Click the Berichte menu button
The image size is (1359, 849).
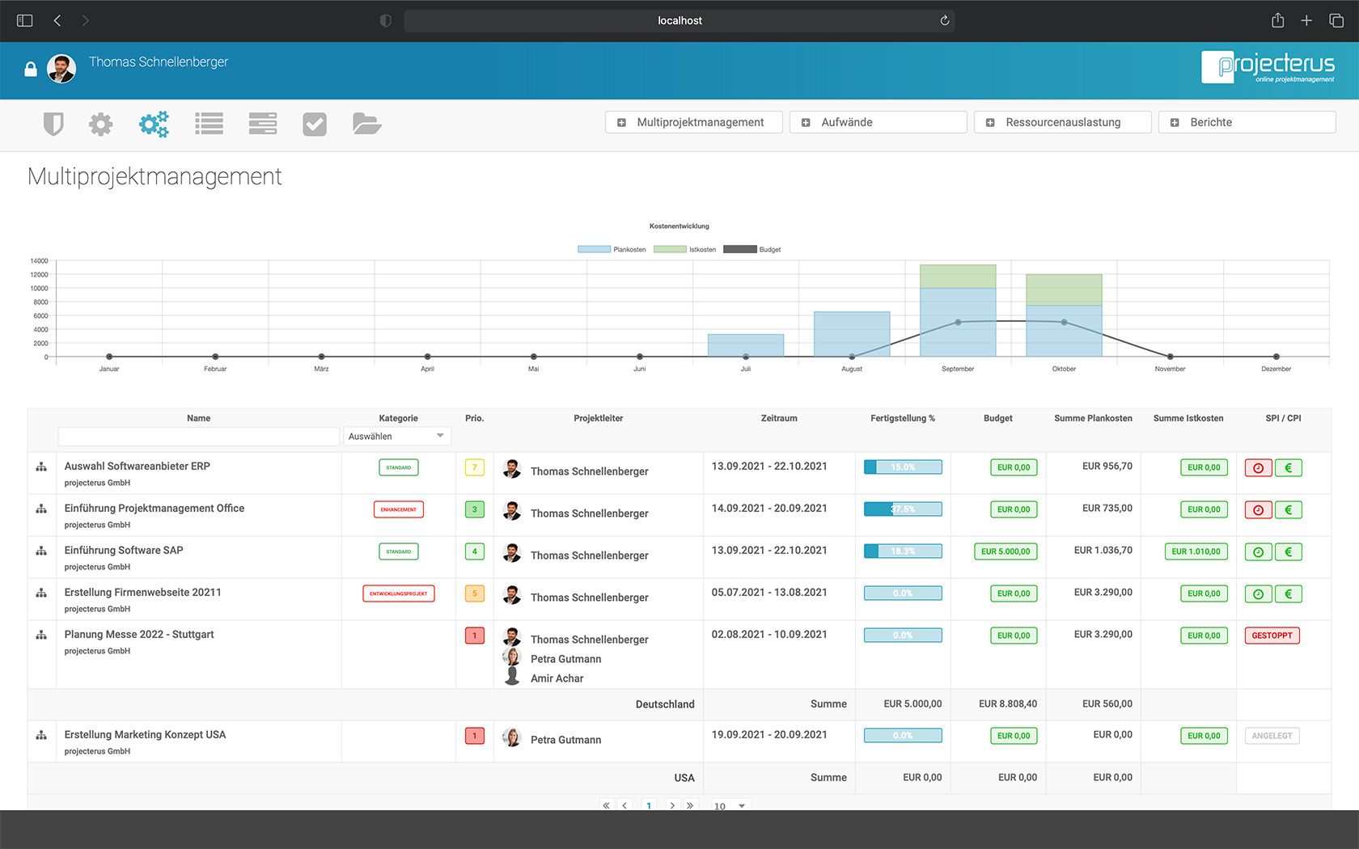pyautogui.click(x=1247, y=122)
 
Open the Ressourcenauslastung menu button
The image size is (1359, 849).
pyautogui.click(x=1062, y=122)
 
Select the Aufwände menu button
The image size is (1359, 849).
pyautogui.click(x=878, y=122)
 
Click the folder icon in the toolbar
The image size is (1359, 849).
pyautogui.click(x=366, y=124)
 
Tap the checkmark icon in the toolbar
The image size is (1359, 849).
pyautogui.click(x=315, y=124)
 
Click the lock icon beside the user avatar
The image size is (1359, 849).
pyautogui.click(x=31, y=70)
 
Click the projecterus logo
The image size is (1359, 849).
pyautogui.click(x=1268, y=67)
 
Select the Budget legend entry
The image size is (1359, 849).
pyautogui.click(x=751, y=249)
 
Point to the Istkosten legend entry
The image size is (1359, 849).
pyautogui.click(x=684, y=249)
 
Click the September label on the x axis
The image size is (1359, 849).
pyautogui.click(x=958, y=369)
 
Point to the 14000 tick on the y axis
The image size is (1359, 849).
pyautogui.click(x=39, y=261)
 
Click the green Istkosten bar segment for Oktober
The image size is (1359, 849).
pyautogui.click(x=1064, y=289)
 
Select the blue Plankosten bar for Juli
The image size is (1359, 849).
pyautogui.click(x=745, y=344)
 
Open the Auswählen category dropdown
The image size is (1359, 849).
pyautogui.click(x=396, y=437)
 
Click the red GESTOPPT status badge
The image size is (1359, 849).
pyautogui.click(x=1272, y=636)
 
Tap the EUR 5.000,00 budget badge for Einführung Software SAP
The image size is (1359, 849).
pyautogui.click(x=1005, y=551)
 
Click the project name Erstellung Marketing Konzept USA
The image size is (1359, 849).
pyautogui.click(x=145, y=734)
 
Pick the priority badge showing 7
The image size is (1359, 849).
pyautogui.click(x=475, y=467)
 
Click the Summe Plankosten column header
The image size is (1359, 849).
pyautogui.click(x=1093, y=418)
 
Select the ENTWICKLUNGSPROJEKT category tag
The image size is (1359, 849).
pyautogui.click(x=399, y=593)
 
